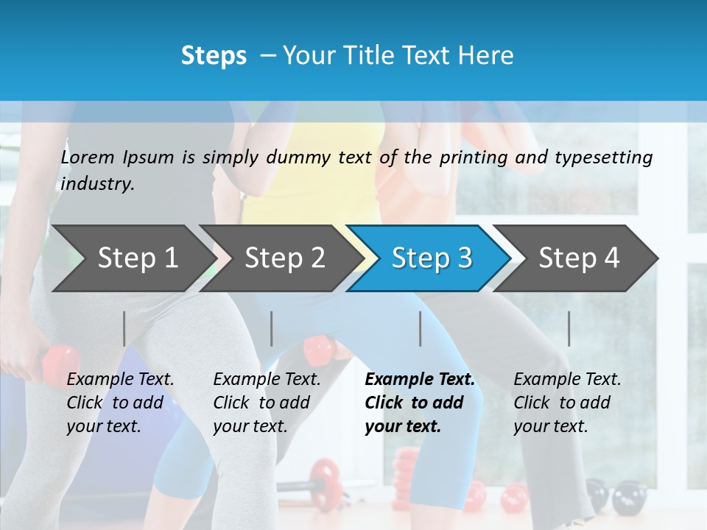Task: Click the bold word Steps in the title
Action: pyautogui.click(x=214, y=55)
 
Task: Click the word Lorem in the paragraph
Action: pyautogui.click(x=88, y=157)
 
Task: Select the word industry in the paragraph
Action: pyautogui.click(x=97, y=183)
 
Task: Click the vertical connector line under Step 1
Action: pyautogui.click(x=124, y=328)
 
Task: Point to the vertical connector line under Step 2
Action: pyautogui.click(x=272, y=328)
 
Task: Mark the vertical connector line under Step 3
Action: pyautogui.click(x=421, y=328)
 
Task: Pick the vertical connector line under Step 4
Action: pyautogui.click(x=569, y=328)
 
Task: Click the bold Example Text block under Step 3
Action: pyautogui.click(x=420, y=403)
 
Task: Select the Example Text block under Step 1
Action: pyautogui.click(x=120, y=403)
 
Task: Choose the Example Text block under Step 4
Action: pyautogui.click(x=567, y=403)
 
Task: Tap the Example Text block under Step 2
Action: pyautogui.click(x=267, y=403)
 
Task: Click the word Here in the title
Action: pyautogui.click(x=487, y=55)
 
